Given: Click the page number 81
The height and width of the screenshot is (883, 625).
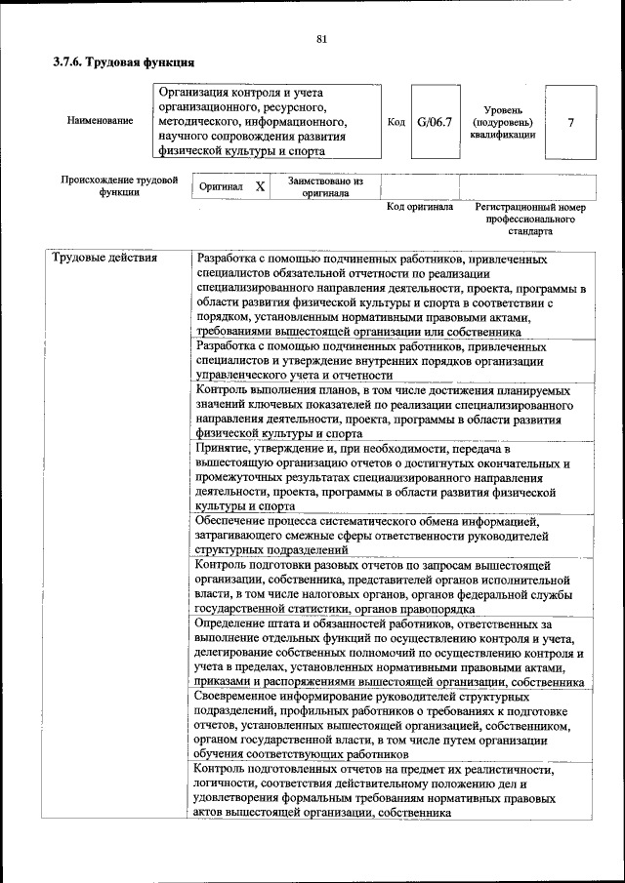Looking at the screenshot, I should click(x=321, y=39).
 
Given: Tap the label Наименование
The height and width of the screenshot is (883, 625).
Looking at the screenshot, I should click(x=100, y=121).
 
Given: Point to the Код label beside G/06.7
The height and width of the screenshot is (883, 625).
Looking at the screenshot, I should click(x=396, y=122).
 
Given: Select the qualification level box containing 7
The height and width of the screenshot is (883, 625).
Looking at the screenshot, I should click(x=570, y=122).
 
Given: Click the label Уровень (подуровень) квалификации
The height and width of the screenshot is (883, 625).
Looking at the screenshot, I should click(x=502, y=122).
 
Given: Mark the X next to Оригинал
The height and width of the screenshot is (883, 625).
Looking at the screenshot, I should click(x=259, y=185).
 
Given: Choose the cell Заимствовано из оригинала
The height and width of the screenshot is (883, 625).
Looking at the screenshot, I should click(x=325, y=186).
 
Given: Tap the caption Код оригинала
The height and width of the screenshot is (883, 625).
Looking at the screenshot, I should click(x=420, y=207).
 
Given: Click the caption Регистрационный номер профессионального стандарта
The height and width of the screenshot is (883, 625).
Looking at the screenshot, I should click(x=529, y=220).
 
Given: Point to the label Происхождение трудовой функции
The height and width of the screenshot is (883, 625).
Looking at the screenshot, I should click(x=118, y=185).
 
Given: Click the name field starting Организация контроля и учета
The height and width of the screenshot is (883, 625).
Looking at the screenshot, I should click(x=266, y=121).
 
